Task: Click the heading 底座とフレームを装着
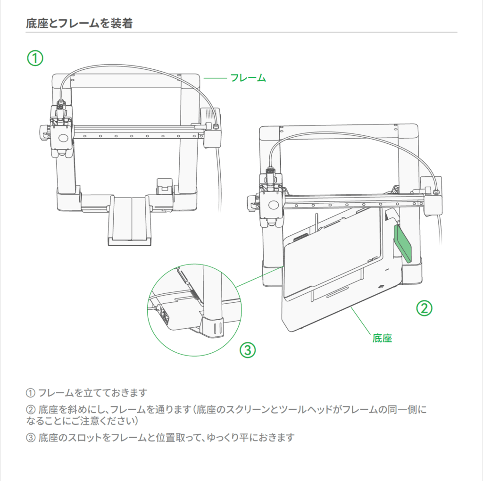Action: tap(79, 23)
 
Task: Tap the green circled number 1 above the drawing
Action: tap(34, 58)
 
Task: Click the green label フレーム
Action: tap(248, 78)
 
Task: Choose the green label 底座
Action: tap(382, 338)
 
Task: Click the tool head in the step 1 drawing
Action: tap(60, 134)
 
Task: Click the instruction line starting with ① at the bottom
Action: tap(87, 392)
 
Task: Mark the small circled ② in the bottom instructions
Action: tap(30, 409)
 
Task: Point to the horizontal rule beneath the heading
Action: tap(241, 32)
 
